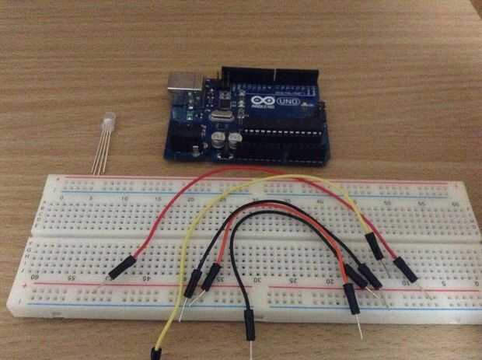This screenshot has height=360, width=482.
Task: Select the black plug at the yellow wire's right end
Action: pos(375,246)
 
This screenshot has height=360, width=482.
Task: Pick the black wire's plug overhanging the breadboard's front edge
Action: pos(250,323)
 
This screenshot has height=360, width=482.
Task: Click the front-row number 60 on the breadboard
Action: pos(34,275)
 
